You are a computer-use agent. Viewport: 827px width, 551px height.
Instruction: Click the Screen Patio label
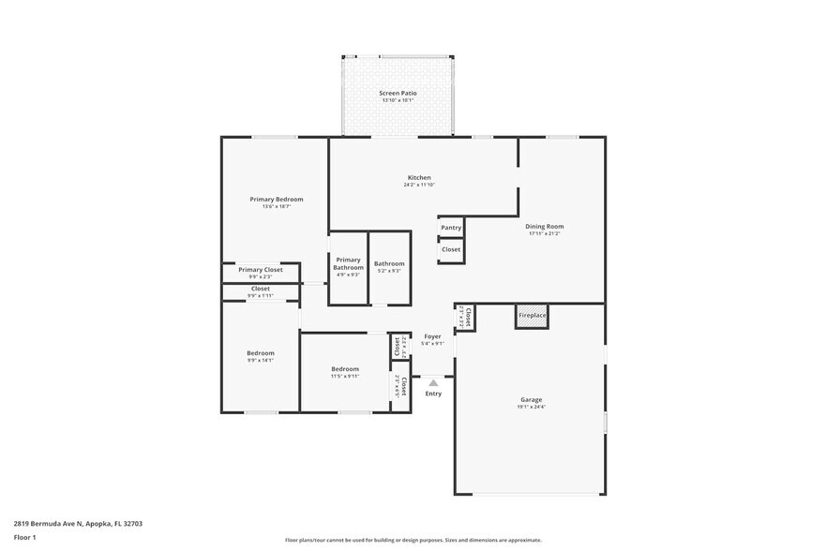[x=398, y=94]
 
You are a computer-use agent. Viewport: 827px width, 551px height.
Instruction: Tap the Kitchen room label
[x=419, y=177]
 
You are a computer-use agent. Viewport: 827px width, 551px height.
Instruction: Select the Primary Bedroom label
[x=276, y=199]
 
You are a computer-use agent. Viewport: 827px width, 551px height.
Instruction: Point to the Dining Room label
[x=544, y=226]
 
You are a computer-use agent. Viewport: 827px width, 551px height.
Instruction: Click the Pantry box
[x=451, y=228]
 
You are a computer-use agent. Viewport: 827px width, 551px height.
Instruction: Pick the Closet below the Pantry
[x=451, y=250]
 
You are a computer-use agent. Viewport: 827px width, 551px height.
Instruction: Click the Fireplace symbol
[x=532, y=316]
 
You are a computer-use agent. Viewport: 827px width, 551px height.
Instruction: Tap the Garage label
[x=530, y=400]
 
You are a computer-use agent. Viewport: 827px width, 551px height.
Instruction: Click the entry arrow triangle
[x=432, y=382]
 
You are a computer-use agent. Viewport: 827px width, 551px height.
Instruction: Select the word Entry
[x=432, y=394]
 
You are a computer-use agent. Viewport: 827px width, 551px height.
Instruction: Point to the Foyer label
[x=432, y=336]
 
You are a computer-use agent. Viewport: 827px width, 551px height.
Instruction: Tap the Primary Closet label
[x=260, y=270]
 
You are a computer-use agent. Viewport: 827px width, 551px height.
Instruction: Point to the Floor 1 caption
[x=24, y=537]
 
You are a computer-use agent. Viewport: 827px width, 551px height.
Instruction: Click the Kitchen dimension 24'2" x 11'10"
[x=419, y=185]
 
